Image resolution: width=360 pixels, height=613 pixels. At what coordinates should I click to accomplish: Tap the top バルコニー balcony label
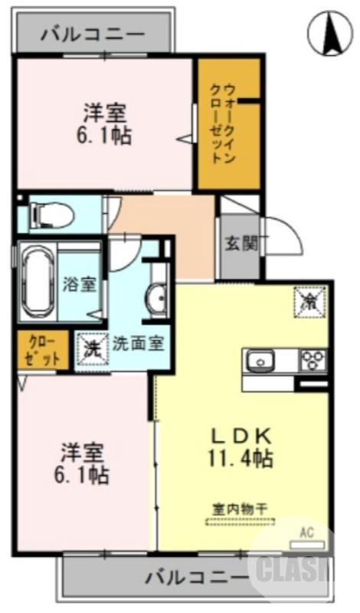[x=93, y=34]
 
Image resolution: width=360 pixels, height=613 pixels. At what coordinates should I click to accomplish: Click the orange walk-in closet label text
[x=224, y=124]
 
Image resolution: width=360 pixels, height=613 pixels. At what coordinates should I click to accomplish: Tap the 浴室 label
[x=79, y=284]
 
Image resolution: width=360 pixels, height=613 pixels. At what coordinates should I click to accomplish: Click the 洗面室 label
[x=139, y=343]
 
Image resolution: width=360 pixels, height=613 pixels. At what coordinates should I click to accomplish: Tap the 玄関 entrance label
[x=240, y=246]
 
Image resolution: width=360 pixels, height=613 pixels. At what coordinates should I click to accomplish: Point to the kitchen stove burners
[x=312, y=359]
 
